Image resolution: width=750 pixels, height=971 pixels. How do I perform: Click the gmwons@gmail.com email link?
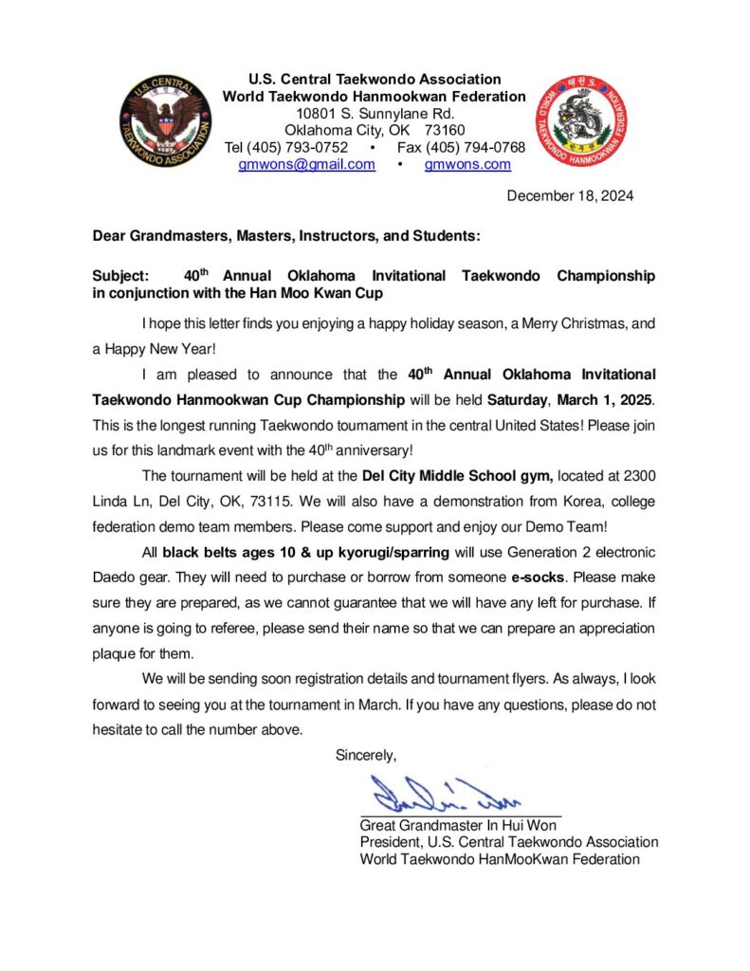click(306, 164)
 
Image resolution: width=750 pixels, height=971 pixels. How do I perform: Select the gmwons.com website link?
click(467, 164)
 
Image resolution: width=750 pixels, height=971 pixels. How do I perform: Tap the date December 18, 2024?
click(570, 196)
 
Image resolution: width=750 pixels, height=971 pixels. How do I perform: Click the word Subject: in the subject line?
click(120, 276)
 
